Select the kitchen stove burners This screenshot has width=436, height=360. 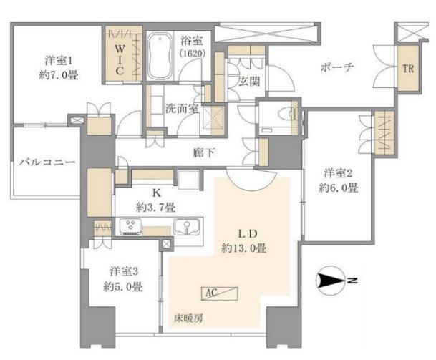click(x=130, y=226)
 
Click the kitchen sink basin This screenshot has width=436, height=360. click(x=187, y=227)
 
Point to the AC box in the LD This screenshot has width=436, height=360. click(x=220, y=293)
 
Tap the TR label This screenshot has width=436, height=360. click(x=408, y=69)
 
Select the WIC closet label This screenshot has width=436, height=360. click(x=120, y=60)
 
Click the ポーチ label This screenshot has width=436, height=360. click(x=337, y=67)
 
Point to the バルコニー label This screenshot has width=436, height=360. click(x=47, y=162)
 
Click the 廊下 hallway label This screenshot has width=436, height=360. click(x=204, y=153)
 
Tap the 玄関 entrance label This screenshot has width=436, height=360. click(x=249, y=82)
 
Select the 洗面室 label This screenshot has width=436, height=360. click(x=182, y=109)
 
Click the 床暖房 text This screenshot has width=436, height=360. click(x=188, y=318)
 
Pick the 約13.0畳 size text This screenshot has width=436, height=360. click(x=244, y=248)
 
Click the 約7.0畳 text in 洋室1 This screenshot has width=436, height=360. click(x=58, y=75)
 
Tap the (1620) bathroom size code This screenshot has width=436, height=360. click(x=193, y=53)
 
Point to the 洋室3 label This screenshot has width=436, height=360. click(x=124, y=271)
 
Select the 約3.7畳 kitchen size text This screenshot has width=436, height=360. click(x=155, y=208)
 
